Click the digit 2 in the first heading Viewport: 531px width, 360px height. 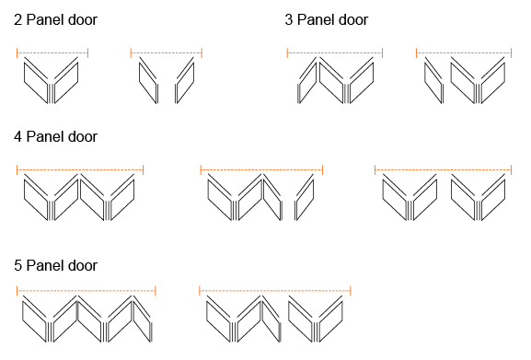(x=18, y=20)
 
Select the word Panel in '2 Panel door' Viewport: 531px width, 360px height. (x=42, y=19)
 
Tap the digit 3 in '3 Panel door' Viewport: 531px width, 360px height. (x=289, y=20)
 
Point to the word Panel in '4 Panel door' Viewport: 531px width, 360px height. (x=42, y=137)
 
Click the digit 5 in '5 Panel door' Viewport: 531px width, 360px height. (x=18, y=265)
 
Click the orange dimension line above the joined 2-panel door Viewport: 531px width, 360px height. (x=52, y=52)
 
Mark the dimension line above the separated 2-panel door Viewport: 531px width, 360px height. (x=167, y=52)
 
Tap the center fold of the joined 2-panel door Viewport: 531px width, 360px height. (x=51, y=92)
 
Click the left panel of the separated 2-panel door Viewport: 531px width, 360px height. (x=148, y=80)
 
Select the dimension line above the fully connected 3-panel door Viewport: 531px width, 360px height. (x=335, y=52)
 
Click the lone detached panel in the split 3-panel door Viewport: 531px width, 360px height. (x=433, y=80)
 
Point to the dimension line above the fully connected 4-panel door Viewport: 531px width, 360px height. (x=80, y=169)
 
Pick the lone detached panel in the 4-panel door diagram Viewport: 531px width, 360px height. (x=305, y=197)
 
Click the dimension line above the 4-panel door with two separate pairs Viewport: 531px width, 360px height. (x=443, y=169)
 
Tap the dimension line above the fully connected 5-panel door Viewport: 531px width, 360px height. (x=87, y=291)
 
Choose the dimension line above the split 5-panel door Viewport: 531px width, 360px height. (x=275, y=291)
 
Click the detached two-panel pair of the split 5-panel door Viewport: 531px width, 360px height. (x=316, y=319)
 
